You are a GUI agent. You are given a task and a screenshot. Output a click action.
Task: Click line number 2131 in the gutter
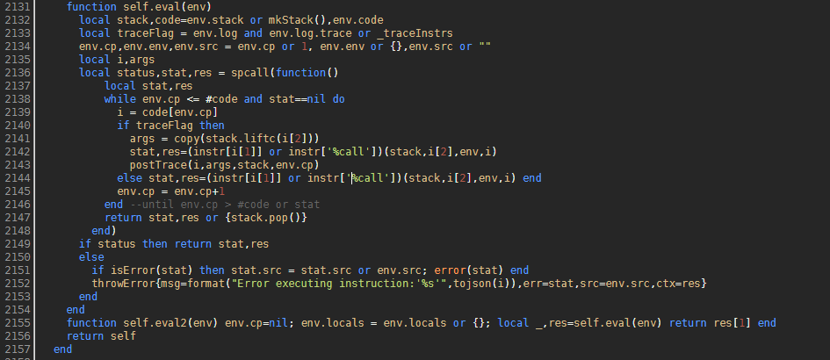point(16,7)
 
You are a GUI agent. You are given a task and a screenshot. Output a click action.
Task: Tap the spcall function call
point(249,73)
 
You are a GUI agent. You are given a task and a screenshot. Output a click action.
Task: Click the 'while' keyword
point(120,99)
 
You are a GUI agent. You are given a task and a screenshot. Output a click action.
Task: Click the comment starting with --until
point(225,205)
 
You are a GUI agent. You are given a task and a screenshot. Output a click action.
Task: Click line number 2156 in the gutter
point(16,336)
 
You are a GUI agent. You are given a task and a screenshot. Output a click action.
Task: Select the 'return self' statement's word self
point(123,336)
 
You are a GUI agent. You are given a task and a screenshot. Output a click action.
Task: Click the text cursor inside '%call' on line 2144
point(352,178)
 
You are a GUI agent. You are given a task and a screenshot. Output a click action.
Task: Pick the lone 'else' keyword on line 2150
point(91,256)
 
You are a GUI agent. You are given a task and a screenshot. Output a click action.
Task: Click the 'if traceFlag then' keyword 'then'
point(212,126)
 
